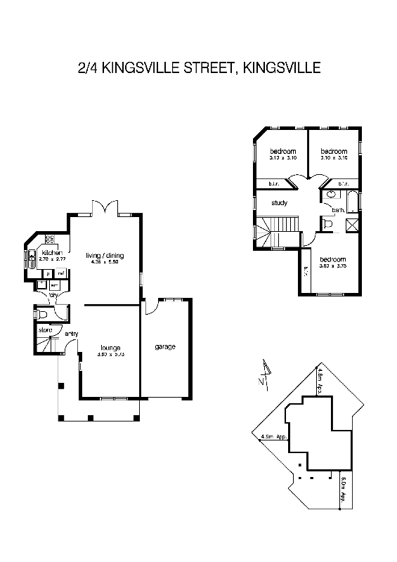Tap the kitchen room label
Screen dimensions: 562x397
tap(53, 253)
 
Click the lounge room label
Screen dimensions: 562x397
tap(110, 348)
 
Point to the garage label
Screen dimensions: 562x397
tap(165, 347)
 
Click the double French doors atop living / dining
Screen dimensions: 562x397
tap(104, 209)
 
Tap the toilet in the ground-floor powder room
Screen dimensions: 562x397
tap(42, 315)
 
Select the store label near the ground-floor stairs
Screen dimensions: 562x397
tap(45, 329)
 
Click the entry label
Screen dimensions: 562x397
tap(72, 334)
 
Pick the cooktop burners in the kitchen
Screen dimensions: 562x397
tap(50, 239)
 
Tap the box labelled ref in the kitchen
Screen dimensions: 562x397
tap(61, 273)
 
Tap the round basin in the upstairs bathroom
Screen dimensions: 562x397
tap(330, 196)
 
